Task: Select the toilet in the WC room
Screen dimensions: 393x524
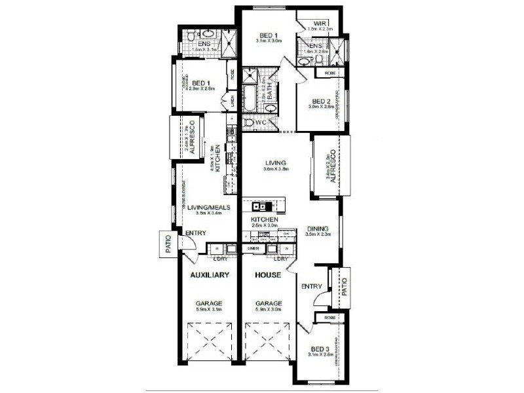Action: pos(250,122)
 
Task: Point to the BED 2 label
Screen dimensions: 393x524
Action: pos(320,102)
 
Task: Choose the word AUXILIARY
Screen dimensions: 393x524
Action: pos(209,276)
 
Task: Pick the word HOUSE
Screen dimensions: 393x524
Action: pos(269,276)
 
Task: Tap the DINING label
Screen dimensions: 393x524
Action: pos(320,229)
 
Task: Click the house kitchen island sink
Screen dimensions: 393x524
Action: pos(257,207)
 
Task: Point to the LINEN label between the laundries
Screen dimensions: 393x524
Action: pos(253,249)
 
